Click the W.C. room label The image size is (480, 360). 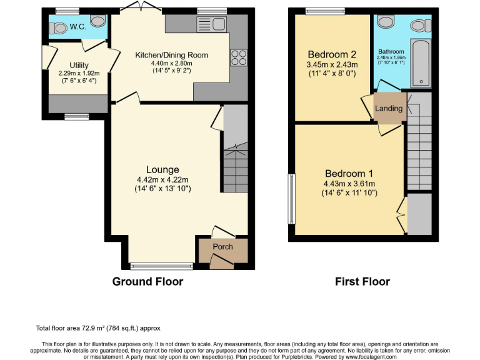click(78, 27)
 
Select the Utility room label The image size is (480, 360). click(79, 65)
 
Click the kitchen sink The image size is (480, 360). click(211, 24)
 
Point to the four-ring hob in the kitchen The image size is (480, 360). click(238, 57)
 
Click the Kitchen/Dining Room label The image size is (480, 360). click(172, 55)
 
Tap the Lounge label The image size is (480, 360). click(162, 169)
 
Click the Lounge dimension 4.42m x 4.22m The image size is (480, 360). click(162, 180)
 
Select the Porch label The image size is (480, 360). click(222, 246)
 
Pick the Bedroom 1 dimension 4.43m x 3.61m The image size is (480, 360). click(349, 184)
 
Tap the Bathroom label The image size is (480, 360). click(391, 51)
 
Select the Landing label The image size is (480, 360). click(388, 108)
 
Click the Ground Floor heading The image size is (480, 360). click(147, 282)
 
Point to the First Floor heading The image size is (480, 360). click(362, 282)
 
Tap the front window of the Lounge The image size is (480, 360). click(162, 265)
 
